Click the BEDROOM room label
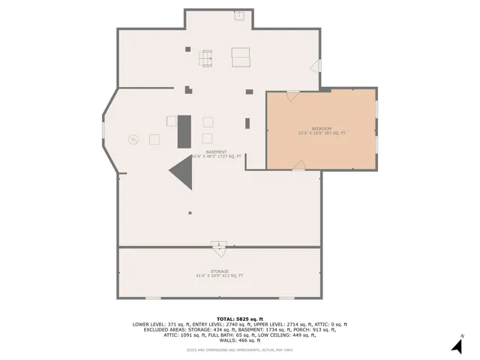pyautogui.click(x=321, y=128)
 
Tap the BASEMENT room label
pyautogui.click(x=216, y=151)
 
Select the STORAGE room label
pyautogui.click(x=219, y=271)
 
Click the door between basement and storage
pyautogui.click(x=218, y=245)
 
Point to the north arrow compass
pyautogui.click(x=455, y=345)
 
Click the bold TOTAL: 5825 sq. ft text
pyautogui.click(x=239, y=319)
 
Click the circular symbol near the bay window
pyautogui.click(x=133, y=139)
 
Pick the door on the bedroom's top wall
pyautogui.click(x=292, y=95)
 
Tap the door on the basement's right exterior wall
pyautogui.click(x=316, y=67)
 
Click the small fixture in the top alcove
pyautogui.click(x=240, y=14)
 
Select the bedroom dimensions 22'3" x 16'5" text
pyautogui.click(x=321, y=133)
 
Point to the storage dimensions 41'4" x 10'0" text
pyautogui.click(x=219, y=276)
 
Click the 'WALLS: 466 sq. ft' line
pyautogui.click(x=239, y=340)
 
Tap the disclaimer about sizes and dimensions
pyautogui.click(x=239, y=349)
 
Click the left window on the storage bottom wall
pyautogui.click(x=152, y=297)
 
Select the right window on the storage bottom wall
pyautogui.click(x=286, y=297)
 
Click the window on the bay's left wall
pyautogui.click(x=105, y=130)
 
